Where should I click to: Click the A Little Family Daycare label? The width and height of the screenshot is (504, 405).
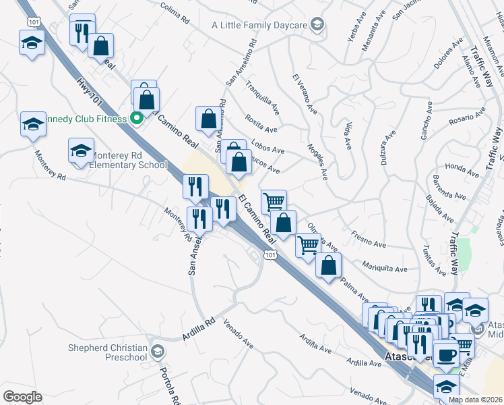[259, 25]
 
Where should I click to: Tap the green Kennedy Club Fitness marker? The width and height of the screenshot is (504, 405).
[136, 119]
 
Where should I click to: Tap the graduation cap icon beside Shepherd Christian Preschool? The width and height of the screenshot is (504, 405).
[158, 351]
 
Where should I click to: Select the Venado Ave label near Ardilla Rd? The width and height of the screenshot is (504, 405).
[239, 335]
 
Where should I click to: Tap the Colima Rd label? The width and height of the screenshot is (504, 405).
[177, 8]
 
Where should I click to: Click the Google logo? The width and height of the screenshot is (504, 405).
[22, 397]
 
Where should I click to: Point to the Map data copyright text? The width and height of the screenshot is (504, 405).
[475, 400]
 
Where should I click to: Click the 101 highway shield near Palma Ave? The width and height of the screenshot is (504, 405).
[270, 254]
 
